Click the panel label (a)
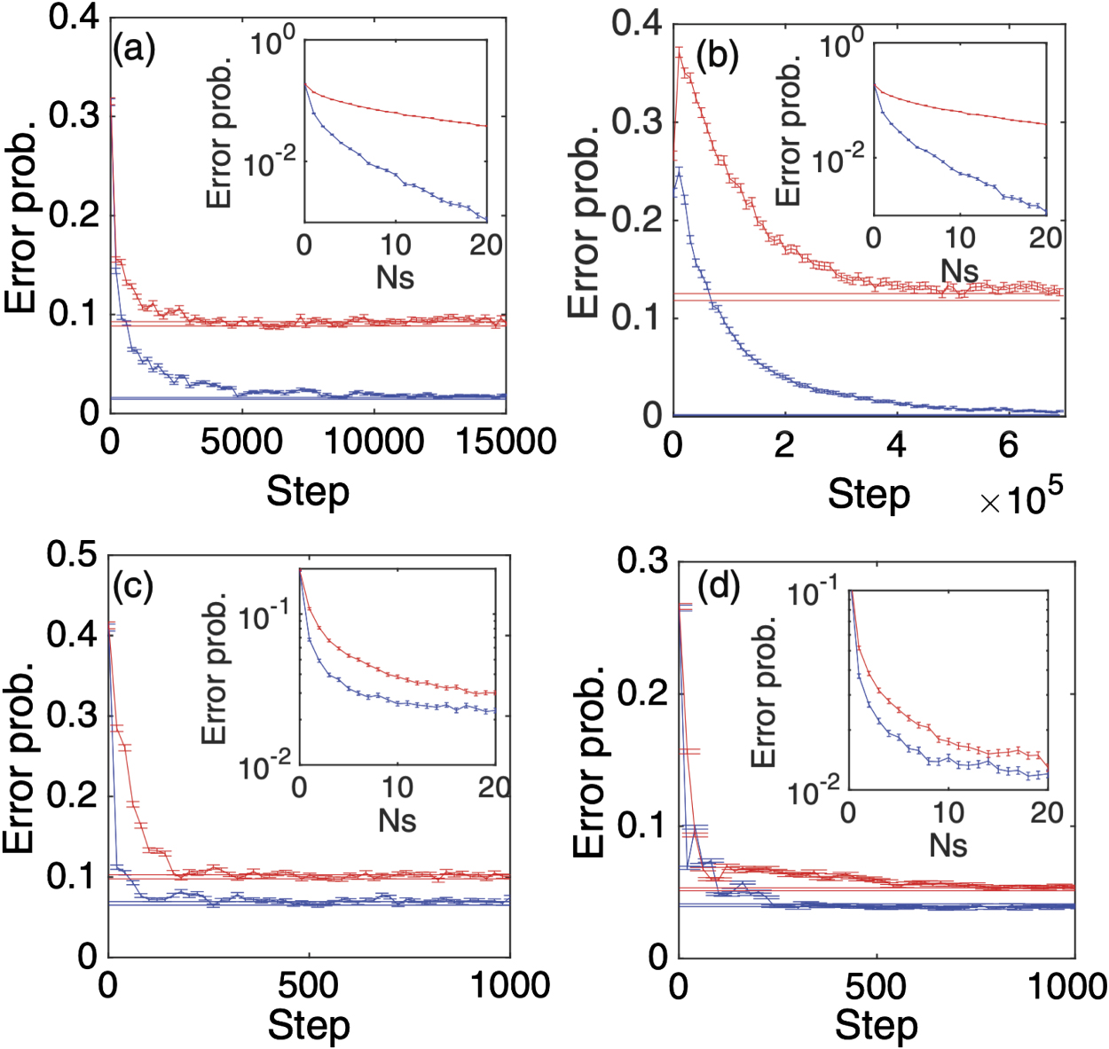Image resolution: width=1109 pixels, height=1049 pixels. click(x=134, y=51)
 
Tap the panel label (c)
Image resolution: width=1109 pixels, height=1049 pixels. click(x=133, y=587)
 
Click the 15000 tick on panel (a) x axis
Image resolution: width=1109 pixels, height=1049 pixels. click(x=506, y=441)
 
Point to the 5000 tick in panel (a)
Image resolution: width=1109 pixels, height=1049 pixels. click(x=241, y=441)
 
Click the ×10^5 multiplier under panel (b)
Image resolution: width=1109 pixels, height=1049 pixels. click(x=1020, y=498)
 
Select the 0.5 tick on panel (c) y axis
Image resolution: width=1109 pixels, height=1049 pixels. click(x=72, y=555)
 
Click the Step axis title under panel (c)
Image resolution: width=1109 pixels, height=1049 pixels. click(x=309, y=1026)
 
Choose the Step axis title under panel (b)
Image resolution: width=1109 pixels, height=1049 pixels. click(x=869, y=495)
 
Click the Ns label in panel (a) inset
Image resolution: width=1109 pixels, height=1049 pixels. click(x=395, y=278)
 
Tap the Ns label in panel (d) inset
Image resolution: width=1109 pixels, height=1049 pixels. click(x=948, y=845)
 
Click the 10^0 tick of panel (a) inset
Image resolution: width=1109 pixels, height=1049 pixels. click(x=272, y=42)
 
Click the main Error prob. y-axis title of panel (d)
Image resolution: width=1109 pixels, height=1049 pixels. click(x=589, y=761)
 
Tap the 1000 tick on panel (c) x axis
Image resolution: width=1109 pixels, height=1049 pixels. click(x=509, y=984)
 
